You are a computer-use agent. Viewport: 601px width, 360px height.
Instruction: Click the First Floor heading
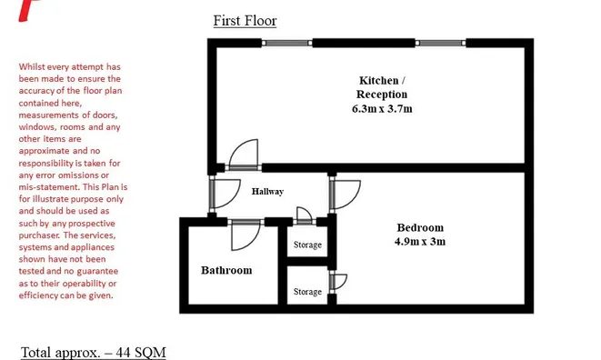coord(245,21)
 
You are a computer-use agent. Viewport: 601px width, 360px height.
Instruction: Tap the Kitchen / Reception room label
coord(382,87)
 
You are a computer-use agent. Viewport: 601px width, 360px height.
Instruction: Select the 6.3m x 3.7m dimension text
coord(382,109)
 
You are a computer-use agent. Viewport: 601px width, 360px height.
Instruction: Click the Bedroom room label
coord(420,228)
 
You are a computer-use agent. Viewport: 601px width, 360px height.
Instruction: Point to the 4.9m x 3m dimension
coord(420,242)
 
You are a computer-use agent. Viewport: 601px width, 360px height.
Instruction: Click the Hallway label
coord(267,191)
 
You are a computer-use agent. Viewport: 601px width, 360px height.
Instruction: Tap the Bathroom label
coord(226,270)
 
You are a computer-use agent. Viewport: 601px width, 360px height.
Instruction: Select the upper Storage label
coord(307,245)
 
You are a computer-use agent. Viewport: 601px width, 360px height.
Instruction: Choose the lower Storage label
coord(307,292)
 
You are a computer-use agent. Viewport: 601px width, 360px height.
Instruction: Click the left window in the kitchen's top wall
coord(287,43)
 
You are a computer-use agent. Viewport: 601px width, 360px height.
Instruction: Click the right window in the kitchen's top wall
coord(440,43)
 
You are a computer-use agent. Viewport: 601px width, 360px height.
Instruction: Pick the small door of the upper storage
coord(305,215)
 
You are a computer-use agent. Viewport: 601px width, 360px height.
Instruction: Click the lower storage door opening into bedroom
coord(338,282)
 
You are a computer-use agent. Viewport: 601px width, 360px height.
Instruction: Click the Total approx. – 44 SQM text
coord(93,353)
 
